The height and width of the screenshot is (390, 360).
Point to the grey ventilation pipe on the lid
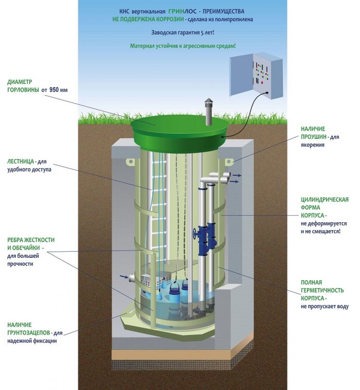tap(208, 112)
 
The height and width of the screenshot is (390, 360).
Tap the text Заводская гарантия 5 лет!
tap(183, 32)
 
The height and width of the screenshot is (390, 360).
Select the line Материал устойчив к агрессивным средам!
tap(183, 46)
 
